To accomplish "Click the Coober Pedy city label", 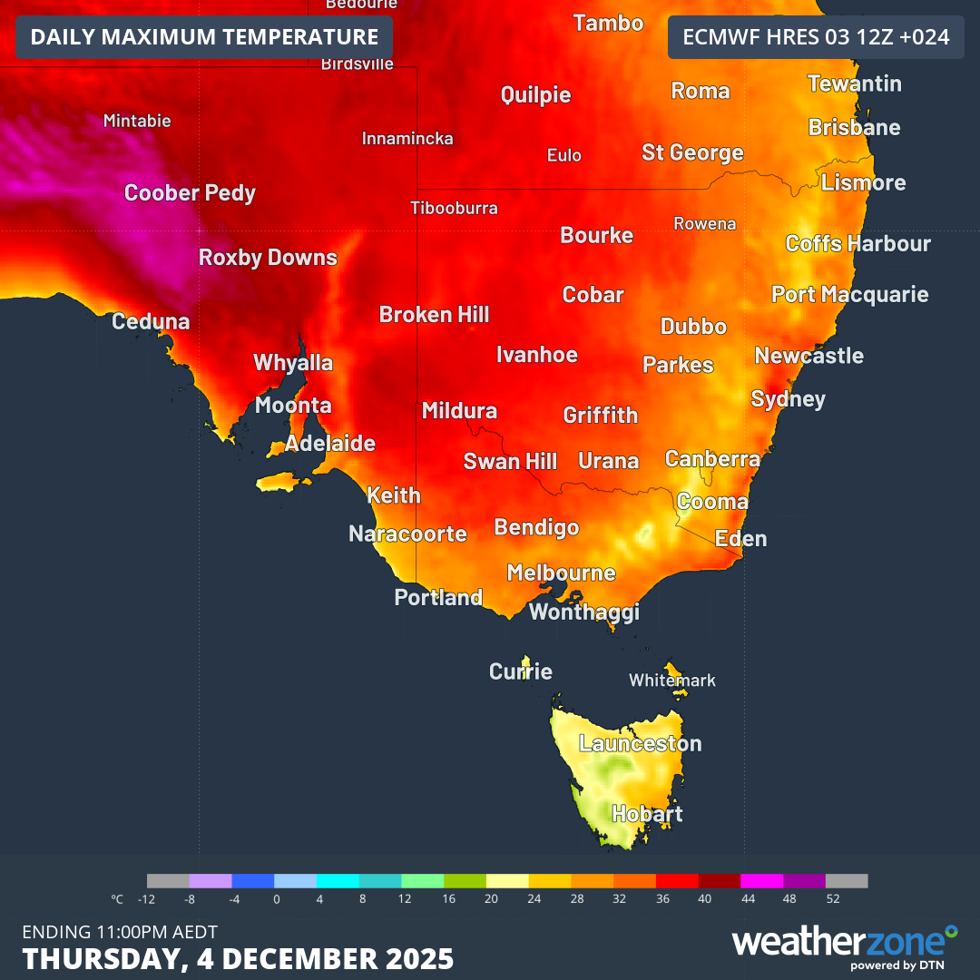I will coord(190,193).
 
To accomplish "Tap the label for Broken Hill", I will coord(434,315).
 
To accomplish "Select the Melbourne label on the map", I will coord(561,573).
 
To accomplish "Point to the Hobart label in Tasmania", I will coord(647,814).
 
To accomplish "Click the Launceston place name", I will coord(641,744).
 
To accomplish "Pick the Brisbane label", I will coord(854,128).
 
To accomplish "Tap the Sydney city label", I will coord(788,399).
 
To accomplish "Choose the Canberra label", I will coord(712,459).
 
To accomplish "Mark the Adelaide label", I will coord(330,444).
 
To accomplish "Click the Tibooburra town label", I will coord(454,208).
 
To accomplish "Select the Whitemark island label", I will coord(672,681).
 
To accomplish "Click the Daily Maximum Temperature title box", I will coord(204,37).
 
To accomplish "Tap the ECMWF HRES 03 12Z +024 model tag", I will coord(816,37).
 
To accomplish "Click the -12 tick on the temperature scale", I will coord(147,899).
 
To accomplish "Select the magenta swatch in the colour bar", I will coord(762,880).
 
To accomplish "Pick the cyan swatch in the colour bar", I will coord(338,880).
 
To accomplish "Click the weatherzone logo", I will coord(844,944).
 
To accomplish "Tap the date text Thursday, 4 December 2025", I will coord(238,958).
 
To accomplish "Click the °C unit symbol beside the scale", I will coord(117,899).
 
